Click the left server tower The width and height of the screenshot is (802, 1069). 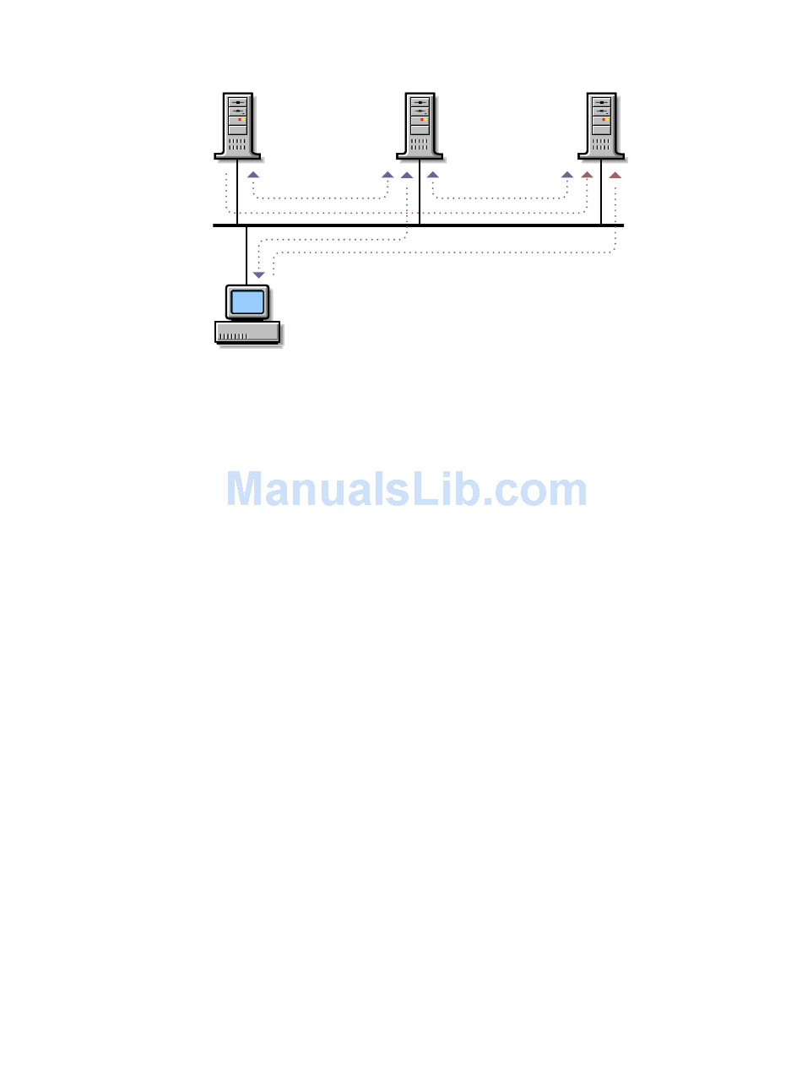tap(237, 126)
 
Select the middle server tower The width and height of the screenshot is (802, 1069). tap(420, 126)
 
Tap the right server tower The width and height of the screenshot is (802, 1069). tap(601, 126)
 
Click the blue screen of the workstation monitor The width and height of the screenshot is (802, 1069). tap(247, 301)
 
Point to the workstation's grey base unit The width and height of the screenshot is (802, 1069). tap(247, 332)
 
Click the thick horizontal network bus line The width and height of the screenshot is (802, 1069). tap(507, 225)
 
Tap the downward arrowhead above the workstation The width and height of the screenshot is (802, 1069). tap(259, 275)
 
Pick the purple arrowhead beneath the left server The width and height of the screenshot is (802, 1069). tap(252, 175)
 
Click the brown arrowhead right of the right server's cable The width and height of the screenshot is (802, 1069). tap(615, 175)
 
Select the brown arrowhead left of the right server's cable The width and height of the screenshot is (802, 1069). tap(587, 175)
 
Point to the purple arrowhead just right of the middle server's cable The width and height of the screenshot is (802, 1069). tap(432, 175)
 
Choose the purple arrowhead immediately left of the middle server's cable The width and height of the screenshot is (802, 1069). tap(406, 175)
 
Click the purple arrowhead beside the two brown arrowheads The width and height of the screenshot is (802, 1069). tap(567, 175)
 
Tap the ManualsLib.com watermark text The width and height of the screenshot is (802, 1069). tap(407, 490)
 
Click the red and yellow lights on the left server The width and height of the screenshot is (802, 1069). tap(240, 120)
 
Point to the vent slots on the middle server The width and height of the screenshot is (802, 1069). tap(420, 144)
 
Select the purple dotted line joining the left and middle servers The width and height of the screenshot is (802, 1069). tap(321, 198)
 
